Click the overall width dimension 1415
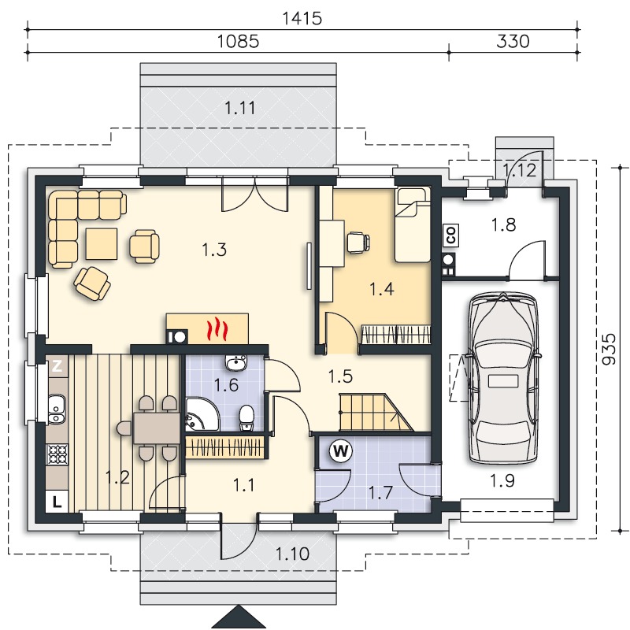[302, 18]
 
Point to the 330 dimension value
[513, 42]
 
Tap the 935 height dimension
[609, 349]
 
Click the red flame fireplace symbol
[217, 328]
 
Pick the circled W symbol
[341, 451]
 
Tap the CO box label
[450, 235]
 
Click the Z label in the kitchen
[57, 365]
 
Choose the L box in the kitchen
[57, 502]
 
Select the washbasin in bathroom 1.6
[236, 362]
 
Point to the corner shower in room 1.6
[202, 414]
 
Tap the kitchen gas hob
[57, 454]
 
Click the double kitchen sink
[57, 409]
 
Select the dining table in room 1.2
[156, 428]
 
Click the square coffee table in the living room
[102, 244]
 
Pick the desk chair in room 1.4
[358, 243]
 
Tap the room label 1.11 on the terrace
[239, 108]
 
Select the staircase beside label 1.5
[376, 413]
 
